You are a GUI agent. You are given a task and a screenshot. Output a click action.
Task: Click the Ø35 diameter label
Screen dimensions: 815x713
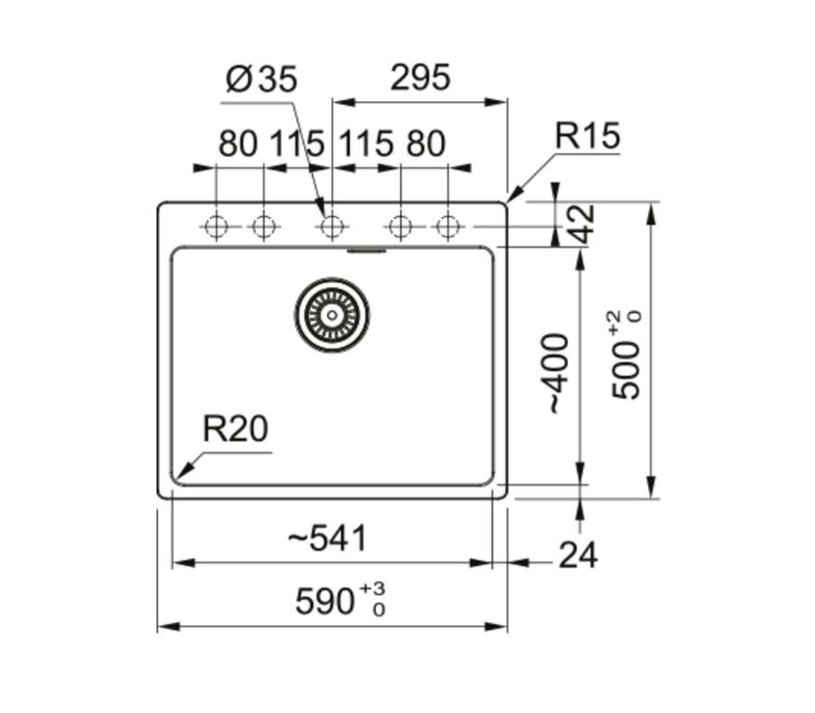[262, 80]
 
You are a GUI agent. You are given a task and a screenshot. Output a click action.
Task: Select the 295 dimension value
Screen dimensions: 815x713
[420, 77]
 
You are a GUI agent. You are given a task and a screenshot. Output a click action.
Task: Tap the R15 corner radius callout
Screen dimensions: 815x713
[588, 136]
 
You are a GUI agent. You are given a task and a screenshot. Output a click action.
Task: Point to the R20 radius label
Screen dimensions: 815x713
[236, 429]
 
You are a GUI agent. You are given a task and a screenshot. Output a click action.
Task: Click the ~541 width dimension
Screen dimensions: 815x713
[328, 538]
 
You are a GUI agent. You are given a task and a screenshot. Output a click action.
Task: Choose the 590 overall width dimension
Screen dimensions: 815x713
[324, 602]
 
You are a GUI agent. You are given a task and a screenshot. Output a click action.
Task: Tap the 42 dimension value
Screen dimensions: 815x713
[580, 224]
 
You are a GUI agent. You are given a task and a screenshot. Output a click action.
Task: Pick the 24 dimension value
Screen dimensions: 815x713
[578, 554]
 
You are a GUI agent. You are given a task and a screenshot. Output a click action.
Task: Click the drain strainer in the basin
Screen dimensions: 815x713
[332, 315]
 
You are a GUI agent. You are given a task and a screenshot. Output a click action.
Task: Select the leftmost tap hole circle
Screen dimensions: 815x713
[216, 227]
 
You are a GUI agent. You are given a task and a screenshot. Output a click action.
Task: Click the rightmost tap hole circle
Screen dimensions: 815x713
[448, 227]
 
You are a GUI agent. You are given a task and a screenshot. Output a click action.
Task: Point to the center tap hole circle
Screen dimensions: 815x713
[331, 227]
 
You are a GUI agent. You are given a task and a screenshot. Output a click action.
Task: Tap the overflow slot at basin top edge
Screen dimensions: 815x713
[367, 251]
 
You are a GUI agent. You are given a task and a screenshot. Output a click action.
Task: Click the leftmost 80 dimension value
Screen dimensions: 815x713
[238, 143]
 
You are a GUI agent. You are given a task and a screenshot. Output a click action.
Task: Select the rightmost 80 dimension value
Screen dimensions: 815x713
[426, 143]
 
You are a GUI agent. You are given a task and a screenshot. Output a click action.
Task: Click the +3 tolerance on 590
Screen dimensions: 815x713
[372, 589]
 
